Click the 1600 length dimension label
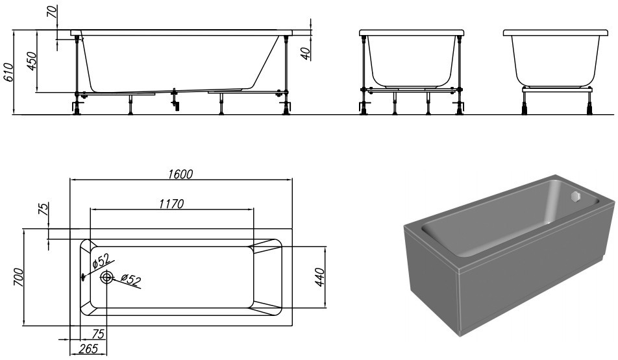pos(180,174)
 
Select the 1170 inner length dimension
pos(171,204)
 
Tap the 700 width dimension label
pos(19,277)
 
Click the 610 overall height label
pos(8,72)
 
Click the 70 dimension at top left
pos(52,12)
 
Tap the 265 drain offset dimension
pos(88,349)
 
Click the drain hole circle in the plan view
pos(106,277)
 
